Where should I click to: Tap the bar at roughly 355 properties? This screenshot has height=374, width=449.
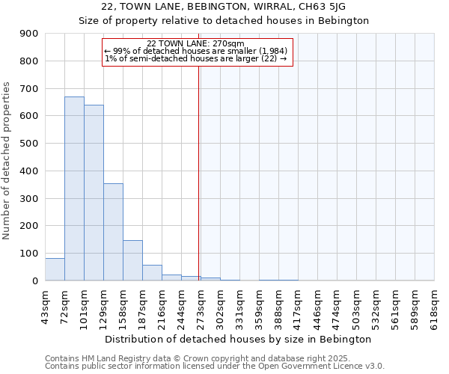coord(113,232)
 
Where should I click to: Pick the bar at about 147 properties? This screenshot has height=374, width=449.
coord(132,260)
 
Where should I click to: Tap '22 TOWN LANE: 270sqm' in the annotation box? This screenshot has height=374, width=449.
coord(196,43)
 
